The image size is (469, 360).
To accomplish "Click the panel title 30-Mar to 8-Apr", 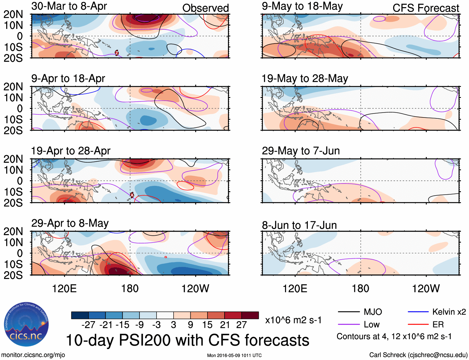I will [x=69, y=6].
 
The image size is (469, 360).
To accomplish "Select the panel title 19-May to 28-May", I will [x=305, y=79].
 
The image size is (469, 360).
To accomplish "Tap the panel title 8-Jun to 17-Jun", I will [x=299, y=225].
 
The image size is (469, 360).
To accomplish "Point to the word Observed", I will [x=205, y=8].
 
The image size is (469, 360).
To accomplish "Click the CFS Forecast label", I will [x=426, y=8].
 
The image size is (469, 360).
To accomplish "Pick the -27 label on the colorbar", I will [x=88, y=325].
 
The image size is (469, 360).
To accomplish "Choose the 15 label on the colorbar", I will [x=207, y=325].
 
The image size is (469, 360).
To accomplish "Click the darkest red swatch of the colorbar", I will [x=250, y=315].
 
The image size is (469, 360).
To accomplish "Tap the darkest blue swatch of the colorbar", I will [x=80, y=315].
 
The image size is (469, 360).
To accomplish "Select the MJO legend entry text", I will [x=373, y=312].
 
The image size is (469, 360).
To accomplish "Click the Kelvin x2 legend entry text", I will [x=449, y=312].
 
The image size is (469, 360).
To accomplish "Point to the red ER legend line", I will [x=418, y=325].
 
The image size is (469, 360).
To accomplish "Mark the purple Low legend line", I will [x=348, y=325].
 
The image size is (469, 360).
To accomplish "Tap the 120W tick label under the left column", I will [x=195, y=288].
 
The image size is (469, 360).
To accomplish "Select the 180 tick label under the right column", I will [x=360, y=288].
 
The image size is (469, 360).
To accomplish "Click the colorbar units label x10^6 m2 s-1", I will [x=293, y=320].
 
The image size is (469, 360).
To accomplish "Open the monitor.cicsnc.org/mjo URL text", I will [x=33, y=355].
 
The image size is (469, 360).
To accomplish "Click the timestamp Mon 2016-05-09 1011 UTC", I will [x=234, y=355].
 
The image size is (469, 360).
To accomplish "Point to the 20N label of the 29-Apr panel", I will [x=13, y=231].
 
